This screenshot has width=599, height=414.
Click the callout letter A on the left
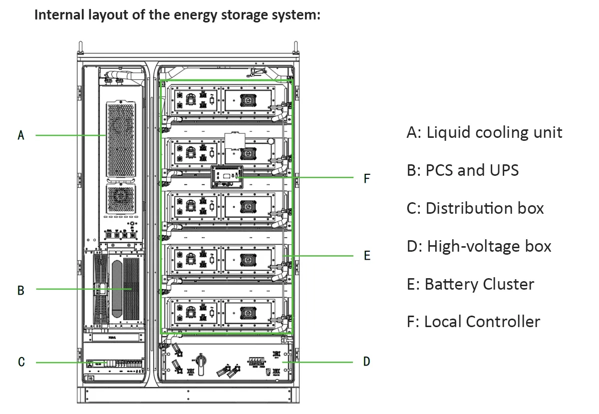pos(21,135)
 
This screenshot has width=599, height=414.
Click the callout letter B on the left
pos(21,290)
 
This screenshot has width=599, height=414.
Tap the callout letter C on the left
pos(21,362)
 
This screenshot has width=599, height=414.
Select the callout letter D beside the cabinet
pos(367,362)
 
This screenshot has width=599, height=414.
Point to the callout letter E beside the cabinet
pos(367,256)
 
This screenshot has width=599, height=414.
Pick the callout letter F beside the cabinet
pos(367,178)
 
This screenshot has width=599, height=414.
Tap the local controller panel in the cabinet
pos(227,176)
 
